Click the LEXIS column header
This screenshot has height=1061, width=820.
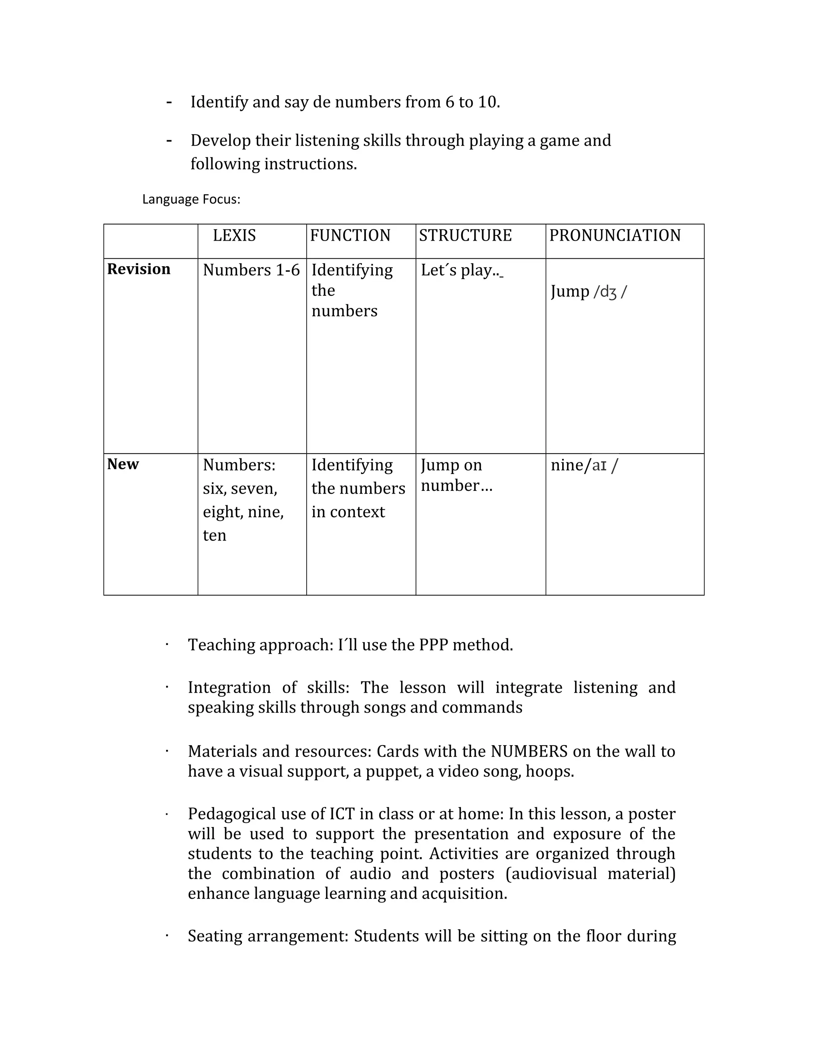coord(234,235)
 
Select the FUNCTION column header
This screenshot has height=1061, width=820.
coord(350,235)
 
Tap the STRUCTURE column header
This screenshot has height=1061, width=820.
coord(465,235)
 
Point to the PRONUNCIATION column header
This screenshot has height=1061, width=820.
coord(615,235)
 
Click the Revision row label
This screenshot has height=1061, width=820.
coord(139,269)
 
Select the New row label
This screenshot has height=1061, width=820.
coord(123,464)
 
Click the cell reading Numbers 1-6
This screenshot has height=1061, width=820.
coord(251,270)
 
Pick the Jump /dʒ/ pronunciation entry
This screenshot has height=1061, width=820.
coord(588,291)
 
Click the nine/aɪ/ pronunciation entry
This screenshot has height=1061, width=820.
coord(584,465)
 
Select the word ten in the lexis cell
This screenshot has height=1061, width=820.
coord(214,535)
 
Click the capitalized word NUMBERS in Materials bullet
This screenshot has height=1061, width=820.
coord(529,752)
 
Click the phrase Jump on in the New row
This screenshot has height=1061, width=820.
coord(451,465)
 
